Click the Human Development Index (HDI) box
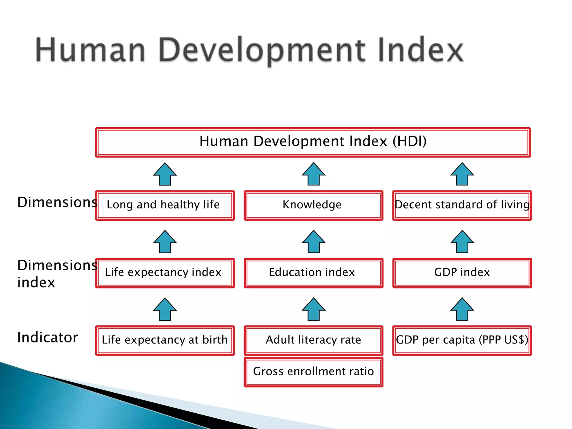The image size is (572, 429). (313, 142)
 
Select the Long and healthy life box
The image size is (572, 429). (165, 205)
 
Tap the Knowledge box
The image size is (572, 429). (313, 205)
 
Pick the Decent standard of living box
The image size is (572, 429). (462, 205)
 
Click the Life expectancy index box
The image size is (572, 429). (165, 273)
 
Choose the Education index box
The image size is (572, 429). (313, 273)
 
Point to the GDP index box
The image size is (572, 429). (462, 273)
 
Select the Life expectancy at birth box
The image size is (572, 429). (165, 340)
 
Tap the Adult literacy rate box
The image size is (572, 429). (313, 340)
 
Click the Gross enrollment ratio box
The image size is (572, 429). (313, 372)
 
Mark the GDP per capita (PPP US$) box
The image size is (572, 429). (462, 340)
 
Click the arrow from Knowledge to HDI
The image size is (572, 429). (313, 174)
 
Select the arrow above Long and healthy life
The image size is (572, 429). (165, 174)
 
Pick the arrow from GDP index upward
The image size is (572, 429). (462, 242)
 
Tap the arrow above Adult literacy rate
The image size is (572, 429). (313, 309)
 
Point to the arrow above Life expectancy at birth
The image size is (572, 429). (165, 309)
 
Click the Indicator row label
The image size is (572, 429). (47, 337)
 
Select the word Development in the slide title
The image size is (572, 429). (262, 50)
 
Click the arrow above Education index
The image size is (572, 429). (313, 242)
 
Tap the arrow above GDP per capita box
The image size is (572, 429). (462, 309)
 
